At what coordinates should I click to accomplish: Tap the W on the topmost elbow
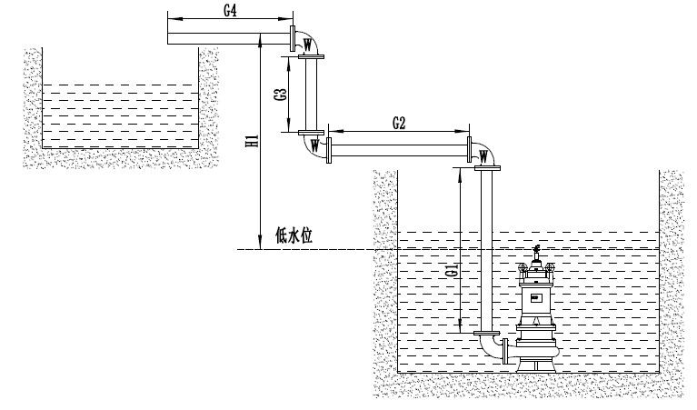click(x=308, y=43)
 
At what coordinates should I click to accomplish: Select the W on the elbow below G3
click(x=314, y=144)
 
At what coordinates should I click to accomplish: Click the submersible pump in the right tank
click(x=536, y=314)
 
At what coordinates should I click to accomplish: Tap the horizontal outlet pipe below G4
click(x=227, y=37)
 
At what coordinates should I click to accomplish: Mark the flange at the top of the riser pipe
click(x=487, y=167)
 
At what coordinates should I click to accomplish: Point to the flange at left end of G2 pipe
click(x=330, y=149)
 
